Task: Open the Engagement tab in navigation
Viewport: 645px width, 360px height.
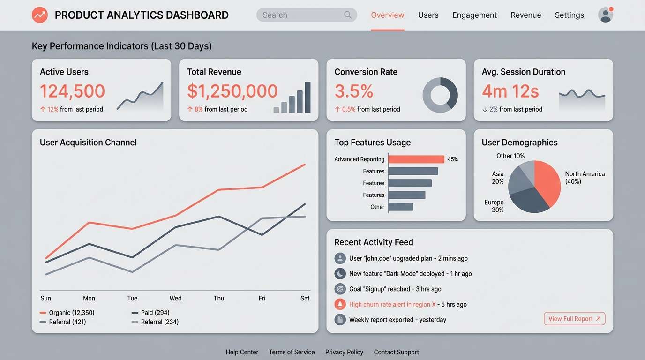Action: [x=474, y=15]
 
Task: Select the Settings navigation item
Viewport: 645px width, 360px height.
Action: [x=569, y=15]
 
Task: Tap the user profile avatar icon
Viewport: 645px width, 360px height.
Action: [x=605, y=15]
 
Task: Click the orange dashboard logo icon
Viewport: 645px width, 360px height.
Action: [x=40, y=15]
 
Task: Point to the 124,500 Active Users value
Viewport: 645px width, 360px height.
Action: [x=72, y=91]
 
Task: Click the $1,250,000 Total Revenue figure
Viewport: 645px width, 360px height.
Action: [x=232, y=91]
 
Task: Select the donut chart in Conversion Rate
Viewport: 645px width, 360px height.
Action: [x=440, y=95]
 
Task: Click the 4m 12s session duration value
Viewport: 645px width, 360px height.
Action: [x=510, y=91]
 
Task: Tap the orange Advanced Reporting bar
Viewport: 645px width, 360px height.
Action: [x=416, y=159]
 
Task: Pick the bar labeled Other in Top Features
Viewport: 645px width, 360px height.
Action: [x=400, y=207]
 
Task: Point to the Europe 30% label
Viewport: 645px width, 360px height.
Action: [x=494, y=206]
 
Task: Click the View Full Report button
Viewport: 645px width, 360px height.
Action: [x=574, y=319]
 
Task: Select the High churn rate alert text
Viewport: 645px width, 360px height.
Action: [x=392, y=304]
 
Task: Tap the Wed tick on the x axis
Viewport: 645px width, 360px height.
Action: [x=175, y=298]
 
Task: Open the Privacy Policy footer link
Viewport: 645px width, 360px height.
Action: [x=344, y=352]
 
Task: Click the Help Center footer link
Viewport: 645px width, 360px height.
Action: [x=242, y=352]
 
